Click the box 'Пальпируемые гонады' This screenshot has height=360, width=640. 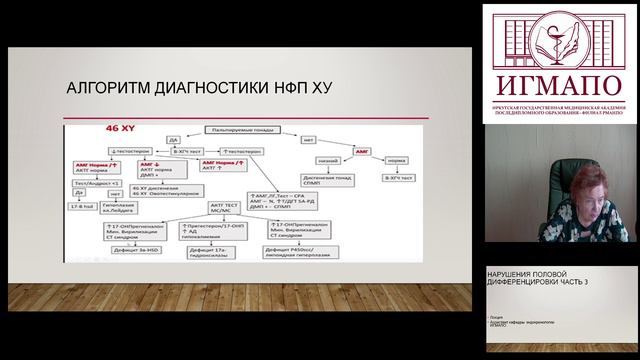click(237, 130)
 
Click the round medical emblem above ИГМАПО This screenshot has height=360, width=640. click(561, 37)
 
